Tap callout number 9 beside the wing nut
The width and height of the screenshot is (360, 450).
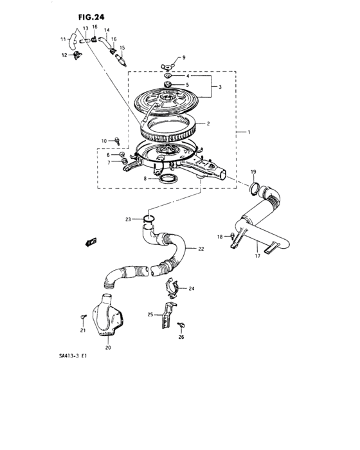point(183,59)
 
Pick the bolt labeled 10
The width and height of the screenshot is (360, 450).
point(118,139)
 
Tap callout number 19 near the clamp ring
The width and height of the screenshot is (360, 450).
point(253,172)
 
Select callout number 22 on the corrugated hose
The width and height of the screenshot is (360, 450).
point(201,249)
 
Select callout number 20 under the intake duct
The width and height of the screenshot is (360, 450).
point(107,348)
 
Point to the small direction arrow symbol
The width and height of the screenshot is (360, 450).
point(91,242)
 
